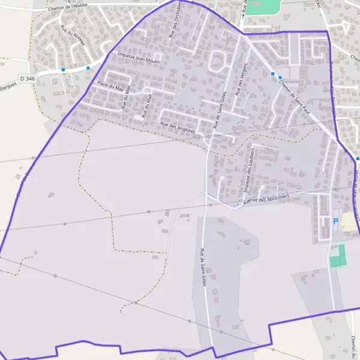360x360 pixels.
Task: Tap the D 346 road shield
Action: click(x=27, y=79)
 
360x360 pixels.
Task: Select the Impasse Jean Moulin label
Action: click(x=140, y=58)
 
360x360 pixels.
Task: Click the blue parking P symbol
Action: click(x=336, y=221)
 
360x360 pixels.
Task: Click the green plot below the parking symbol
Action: click(x=338, y=256)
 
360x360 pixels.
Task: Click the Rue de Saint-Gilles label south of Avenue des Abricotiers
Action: click(x=203, y=266)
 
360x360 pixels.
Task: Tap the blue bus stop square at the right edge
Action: click(x=358, y=158)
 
